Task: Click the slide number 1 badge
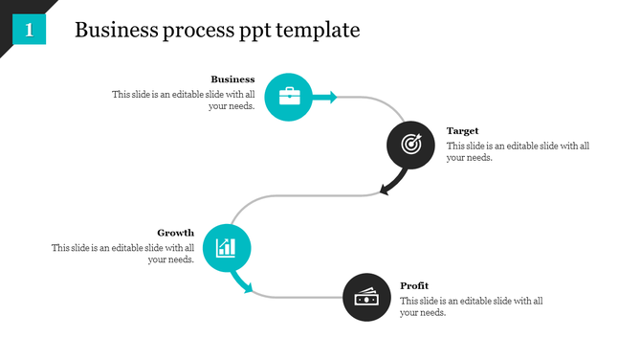point(30,30)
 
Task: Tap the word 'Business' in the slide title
point(114,30)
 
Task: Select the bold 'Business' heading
point(232,79)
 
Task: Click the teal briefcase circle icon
point(288,97)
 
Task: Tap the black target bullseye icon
point(410,145)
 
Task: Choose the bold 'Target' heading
point(462,130)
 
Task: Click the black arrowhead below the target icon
point(386,188)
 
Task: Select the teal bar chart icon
point(227,248)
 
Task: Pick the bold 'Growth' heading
point(175,233)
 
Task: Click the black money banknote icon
point(366,298)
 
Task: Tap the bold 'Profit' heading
point(414,285)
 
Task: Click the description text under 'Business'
point(184,101)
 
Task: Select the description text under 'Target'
point(518,151)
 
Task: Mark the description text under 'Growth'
point(123,254)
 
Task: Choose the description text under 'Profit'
point(471,306)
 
